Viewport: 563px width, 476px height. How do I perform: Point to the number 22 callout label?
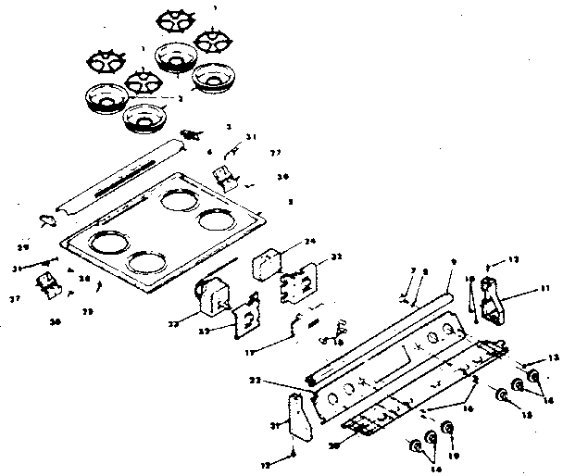[280, 381]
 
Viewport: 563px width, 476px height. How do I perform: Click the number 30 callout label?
[332, 444]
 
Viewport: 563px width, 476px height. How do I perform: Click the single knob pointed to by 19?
[448, 430]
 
